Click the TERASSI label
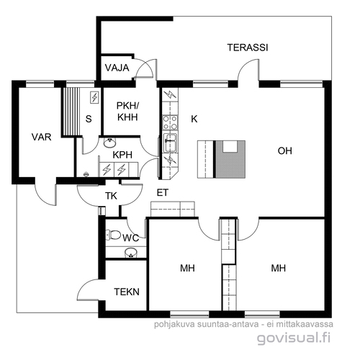pos(248,48)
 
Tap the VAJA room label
pos(117,68)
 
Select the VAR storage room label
pos(42,137)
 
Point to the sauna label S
pos(89,119)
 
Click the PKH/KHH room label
pos(127,112)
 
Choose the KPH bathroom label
pos(122,155)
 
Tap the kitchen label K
pos(194,119)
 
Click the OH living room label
pos(285,151)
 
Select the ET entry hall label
pos(163,193)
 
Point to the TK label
pos(111,196)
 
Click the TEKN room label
pos(127,292)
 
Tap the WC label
pos(130,238)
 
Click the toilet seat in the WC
pos(113,235)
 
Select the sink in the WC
pos(131,253)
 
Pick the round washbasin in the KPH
pos(110,143)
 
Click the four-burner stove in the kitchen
pos(170,122)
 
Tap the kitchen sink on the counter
pos(170,143)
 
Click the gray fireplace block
pos(230,159)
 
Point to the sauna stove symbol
pos(94,97)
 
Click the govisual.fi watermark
pos(294,338)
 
